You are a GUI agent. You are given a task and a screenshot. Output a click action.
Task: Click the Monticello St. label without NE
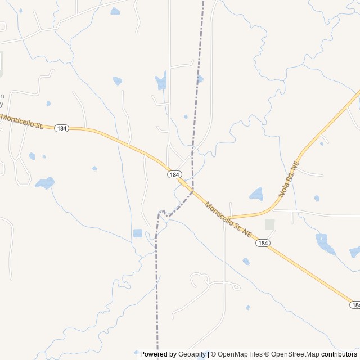22,121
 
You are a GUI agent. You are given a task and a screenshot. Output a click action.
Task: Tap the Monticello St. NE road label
227,219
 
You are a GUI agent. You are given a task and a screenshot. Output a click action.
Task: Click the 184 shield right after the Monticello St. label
62,128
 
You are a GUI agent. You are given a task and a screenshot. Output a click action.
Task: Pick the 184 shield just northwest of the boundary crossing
174,175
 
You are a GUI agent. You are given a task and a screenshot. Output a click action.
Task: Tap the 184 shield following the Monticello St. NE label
262,242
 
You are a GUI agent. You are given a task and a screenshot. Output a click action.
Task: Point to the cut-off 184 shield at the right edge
355,305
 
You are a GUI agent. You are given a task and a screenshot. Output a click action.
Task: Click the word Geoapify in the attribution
192,354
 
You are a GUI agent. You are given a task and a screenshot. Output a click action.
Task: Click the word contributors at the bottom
339,354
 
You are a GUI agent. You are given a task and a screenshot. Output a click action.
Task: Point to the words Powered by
159,354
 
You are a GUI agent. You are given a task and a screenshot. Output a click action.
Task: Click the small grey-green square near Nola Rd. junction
270,224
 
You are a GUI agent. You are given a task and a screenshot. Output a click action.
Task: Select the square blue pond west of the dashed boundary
138,233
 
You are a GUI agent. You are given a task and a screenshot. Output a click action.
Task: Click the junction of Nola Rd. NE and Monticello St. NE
231,217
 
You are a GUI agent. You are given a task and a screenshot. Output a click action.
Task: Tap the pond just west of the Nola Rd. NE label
256,194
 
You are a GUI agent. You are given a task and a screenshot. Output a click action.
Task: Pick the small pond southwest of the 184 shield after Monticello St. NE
246,261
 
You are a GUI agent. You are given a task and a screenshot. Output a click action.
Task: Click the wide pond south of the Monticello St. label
45,183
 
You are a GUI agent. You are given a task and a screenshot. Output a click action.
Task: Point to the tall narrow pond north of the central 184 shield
162,81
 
